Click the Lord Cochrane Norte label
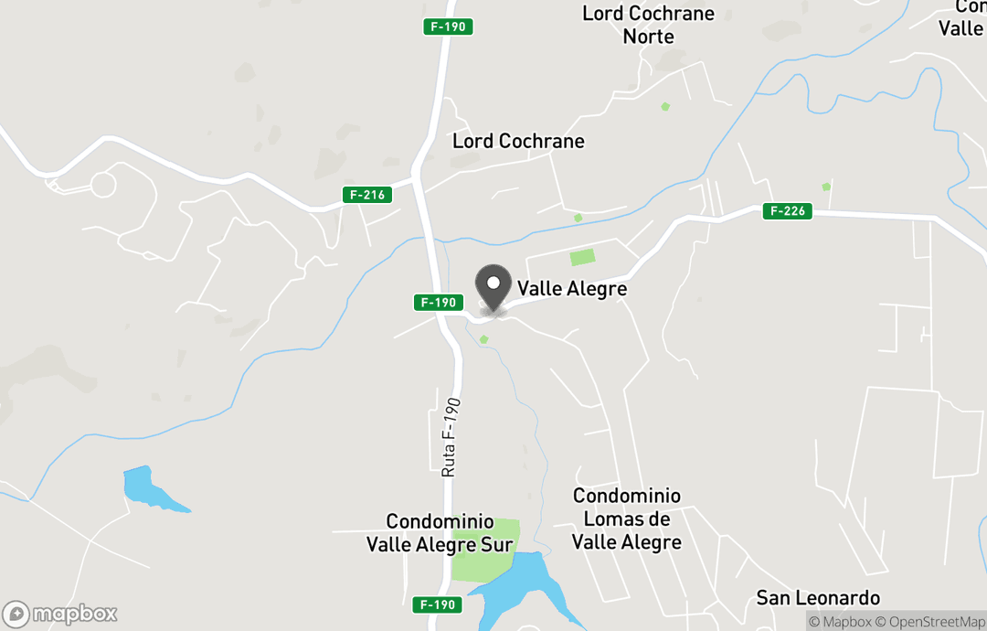tap(648, 25)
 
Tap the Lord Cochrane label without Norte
tap(518, 141)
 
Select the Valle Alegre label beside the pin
tap(572, 289)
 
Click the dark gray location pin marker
tap(494, 283)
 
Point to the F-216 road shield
tap(367, 195)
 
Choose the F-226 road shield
tap(788, 211)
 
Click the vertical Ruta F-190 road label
tap(451, 437)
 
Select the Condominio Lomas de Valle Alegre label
tap(627, 519)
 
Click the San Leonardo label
tap(818, 598)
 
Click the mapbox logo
tap(60, 614)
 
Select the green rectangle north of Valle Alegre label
tap(581, 258)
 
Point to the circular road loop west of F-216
tap(102, 185)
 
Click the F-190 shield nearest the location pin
tap(438, 302)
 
